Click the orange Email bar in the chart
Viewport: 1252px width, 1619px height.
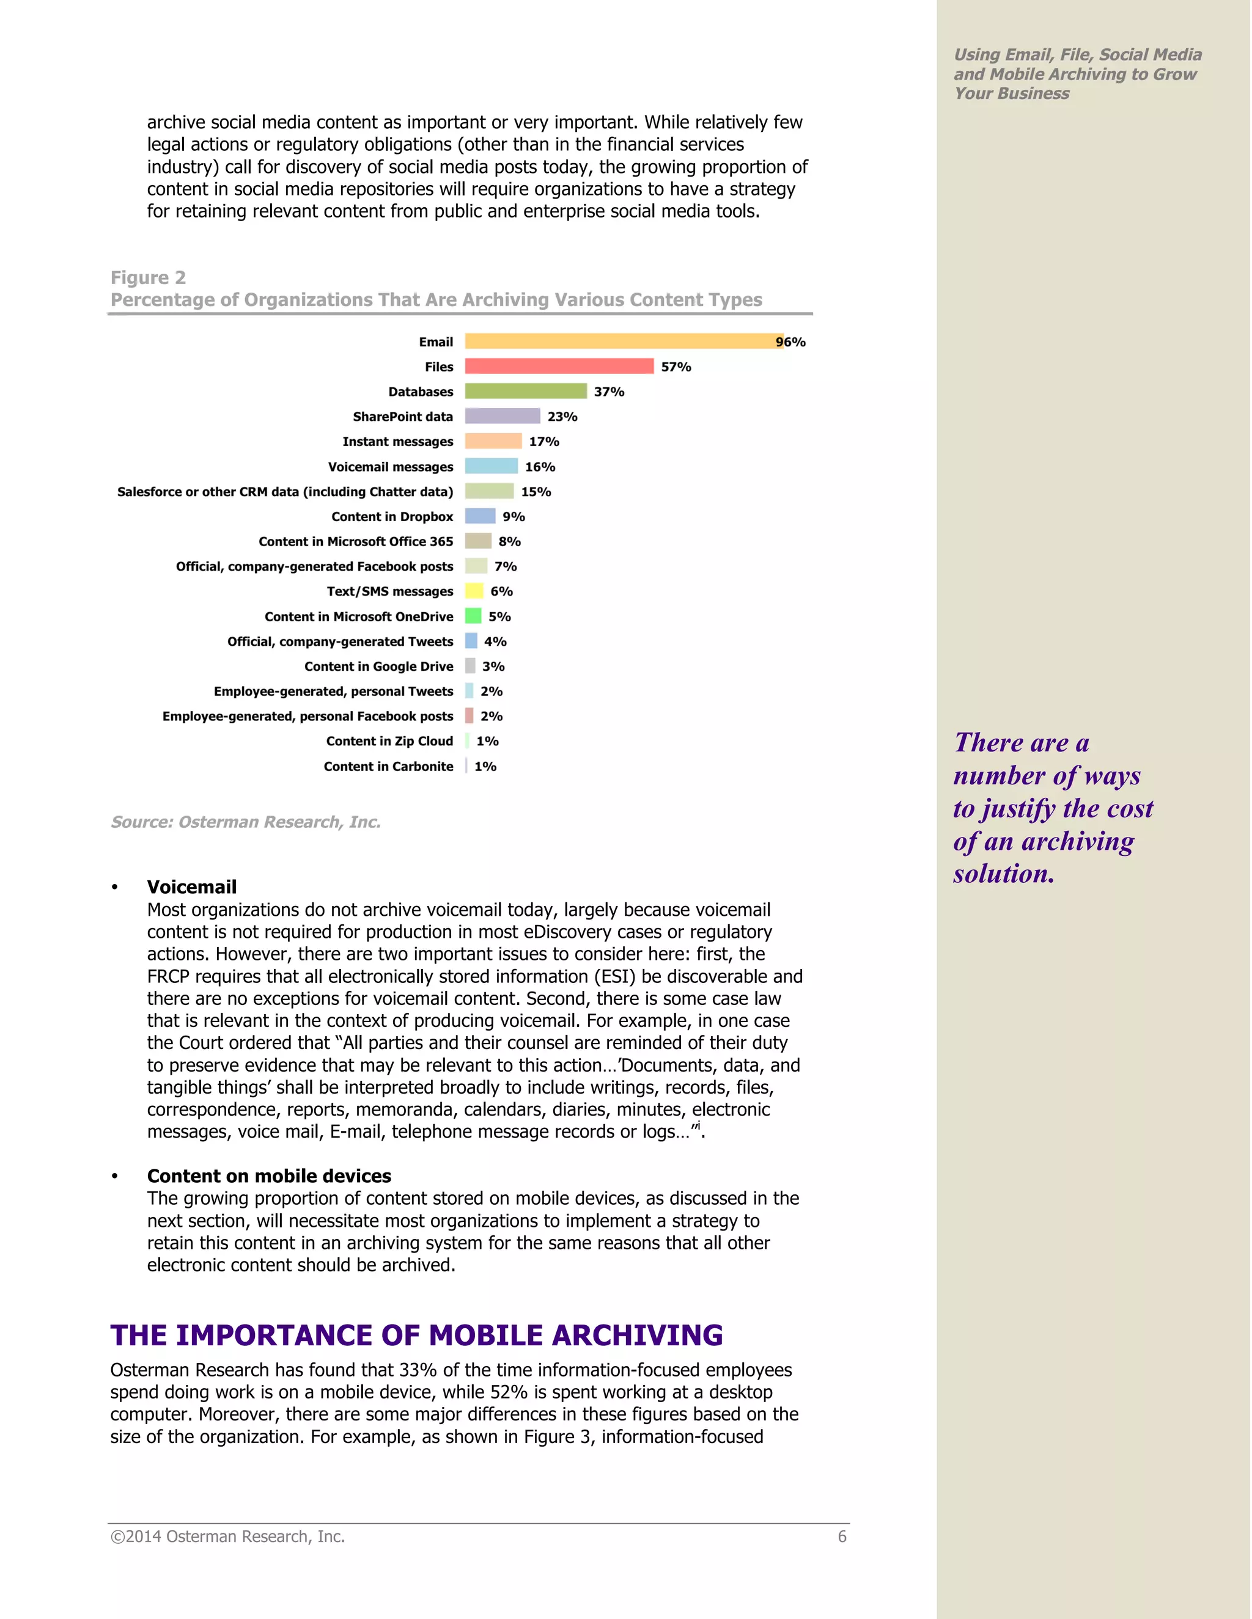click(x=623, y=341)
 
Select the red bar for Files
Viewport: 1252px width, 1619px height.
click(x=559, y=366)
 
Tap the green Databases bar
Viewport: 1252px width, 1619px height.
click(x=525, y=392)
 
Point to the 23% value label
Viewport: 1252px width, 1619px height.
click(x=562, y=417)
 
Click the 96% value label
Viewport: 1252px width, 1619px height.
click(x=790, y=342)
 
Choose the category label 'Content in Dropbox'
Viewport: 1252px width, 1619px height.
click(x=392, y=517)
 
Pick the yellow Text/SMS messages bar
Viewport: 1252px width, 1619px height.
click(x=474, y=591)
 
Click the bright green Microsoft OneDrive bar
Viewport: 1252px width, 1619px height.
click(x=473, y=616)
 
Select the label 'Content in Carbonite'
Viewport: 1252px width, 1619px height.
click(x=388, y=767)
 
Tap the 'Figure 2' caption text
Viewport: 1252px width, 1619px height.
click(x=149, y=277)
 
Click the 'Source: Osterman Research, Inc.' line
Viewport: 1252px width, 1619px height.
click(x=246, y=822)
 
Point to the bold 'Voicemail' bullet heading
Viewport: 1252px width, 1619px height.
click(x=191, y=886)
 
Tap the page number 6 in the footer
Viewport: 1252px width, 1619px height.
click(x=842, y=1537)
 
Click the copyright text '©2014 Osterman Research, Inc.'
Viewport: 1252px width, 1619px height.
click(x=227, y=1537)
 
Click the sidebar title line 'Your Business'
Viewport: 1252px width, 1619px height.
click(x=1012, y=93)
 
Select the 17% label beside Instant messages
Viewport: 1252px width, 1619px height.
click(x=543, y=442)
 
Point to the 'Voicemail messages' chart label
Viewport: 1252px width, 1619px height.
click(x=390, y=467)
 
